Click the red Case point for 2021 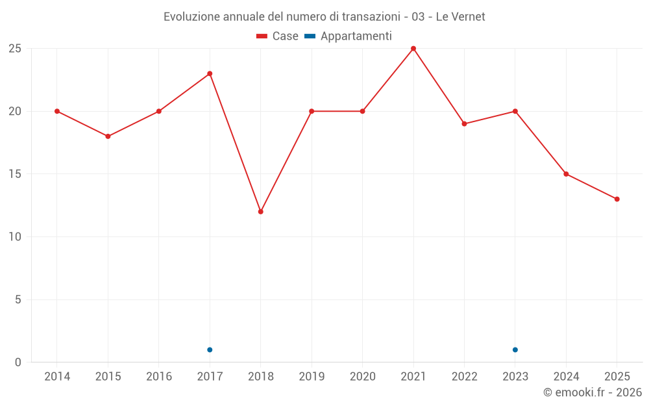[x=413, y=49]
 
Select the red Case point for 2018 [x=261, y=212]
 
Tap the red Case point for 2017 [x=210, y=73]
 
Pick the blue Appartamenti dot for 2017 [x=210, y=349]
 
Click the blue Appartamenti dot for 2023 [x=515, y=349]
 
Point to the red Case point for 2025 [x=617, y=199]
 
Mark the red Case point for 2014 [x=57, y=111]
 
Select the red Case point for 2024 [x=566, y=174]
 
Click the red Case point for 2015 [x=108, y=136]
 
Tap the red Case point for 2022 [x=464, y=123]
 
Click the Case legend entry [x=277, y=36]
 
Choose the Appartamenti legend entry [x=349, y=36]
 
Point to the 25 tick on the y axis [x=15, y=49]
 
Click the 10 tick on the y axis [x=15, y=237]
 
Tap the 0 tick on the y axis [x=18, y=362]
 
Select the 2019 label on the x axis [x=312, y=377]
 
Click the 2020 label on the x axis [x=362, y=377]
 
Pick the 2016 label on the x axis [x=159, y=377]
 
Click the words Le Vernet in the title [x=460, y=17]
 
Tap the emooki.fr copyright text [x=592, y=392]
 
